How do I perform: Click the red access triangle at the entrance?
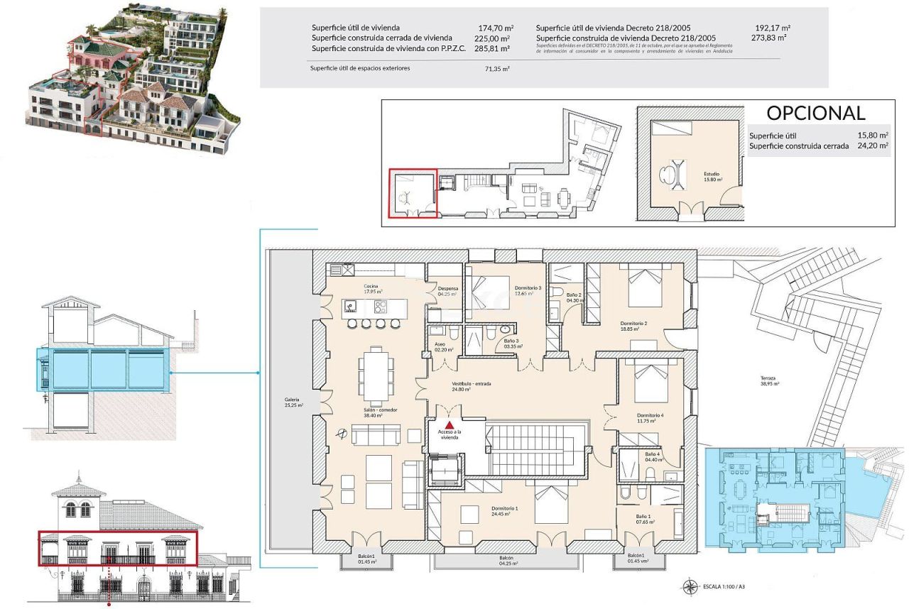point(449,424)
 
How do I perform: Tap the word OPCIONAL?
point(815,114)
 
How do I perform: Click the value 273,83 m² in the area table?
point(772,38)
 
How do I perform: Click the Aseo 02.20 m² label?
point(440,346)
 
